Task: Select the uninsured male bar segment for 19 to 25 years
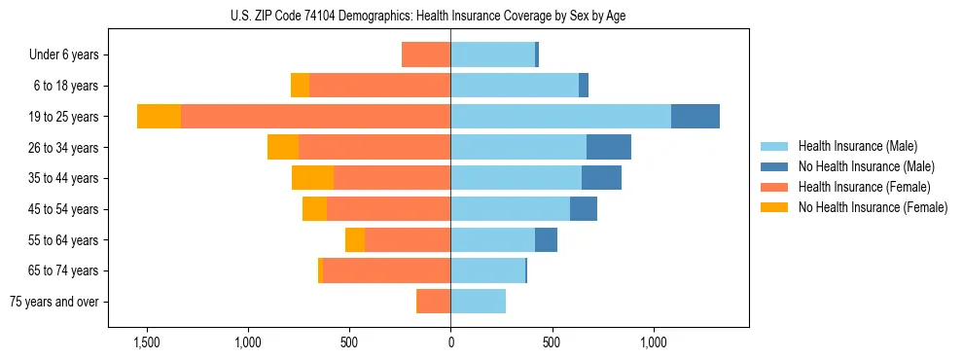pos(695,116)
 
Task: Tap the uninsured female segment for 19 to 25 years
pos(159,116)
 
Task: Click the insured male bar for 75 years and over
pos(478,302)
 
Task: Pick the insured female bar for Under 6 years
pos(426,54)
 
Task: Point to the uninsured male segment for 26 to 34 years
pos(609,147)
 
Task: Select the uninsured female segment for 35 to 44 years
pos(312,178)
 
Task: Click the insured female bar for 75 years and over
pos(433,302)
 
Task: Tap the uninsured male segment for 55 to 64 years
pos(546,239)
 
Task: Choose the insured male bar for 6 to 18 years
pos(515,86)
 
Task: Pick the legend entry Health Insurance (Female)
pos(864,187)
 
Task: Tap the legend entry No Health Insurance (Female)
pos(873,207)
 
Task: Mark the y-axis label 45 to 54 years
pos(64,209)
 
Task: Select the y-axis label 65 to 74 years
pos(64,270)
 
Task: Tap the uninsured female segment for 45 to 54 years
pos(314,209)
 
